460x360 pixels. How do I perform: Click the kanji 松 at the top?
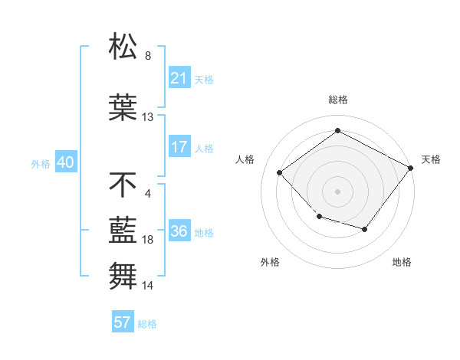point(123,47)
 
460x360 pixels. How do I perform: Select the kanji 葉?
point(123,108)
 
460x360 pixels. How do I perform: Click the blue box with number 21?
point(179,78)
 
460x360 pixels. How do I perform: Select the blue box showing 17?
point(179,147)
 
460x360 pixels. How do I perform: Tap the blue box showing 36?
point(179,232)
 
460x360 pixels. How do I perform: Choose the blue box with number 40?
point(64,163)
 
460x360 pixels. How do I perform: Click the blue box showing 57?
point(123,322)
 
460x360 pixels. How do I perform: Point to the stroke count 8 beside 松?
point(148,56)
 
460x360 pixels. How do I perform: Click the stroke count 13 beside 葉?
point(148,117)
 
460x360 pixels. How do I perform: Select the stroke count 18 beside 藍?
point(148,240)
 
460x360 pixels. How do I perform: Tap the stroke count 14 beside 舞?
point(148,286)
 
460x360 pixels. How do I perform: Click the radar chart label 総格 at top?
point(337,100)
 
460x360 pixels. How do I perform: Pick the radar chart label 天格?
point(431,159)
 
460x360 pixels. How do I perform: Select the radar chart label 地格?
point(402,262)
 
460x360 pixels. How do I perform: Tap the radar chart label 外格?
point(270,262)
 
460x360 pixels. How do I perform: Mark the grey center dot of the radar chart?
point(337,191)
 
